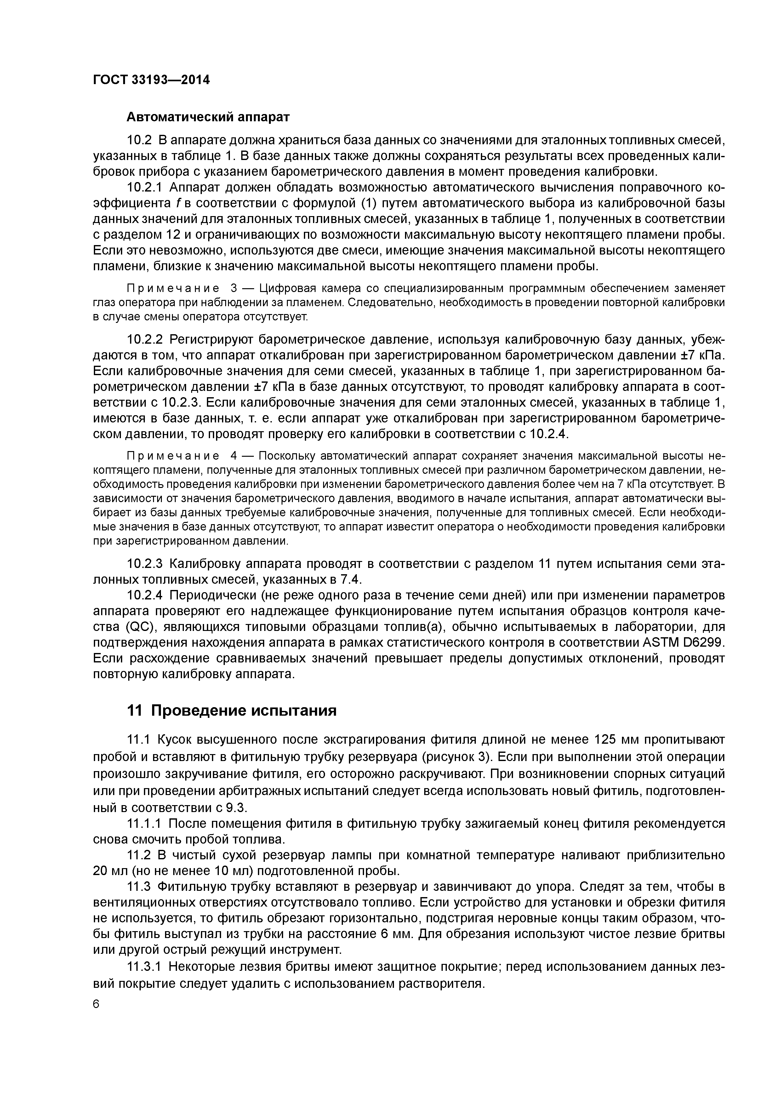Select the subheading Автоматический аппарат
(x=208, y=117)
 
